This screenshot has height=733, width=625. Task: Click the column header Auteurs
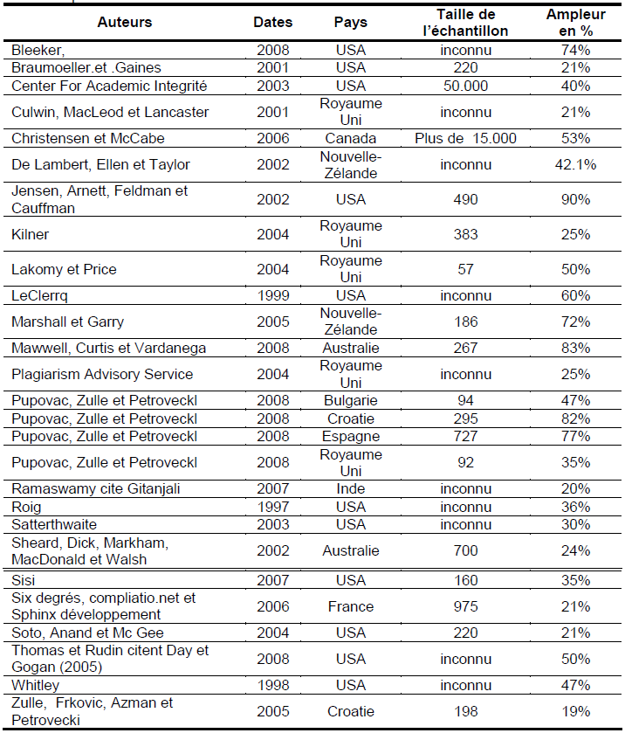tap(125, 22)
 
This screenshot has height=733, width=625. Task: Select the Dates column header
tap(273, 22)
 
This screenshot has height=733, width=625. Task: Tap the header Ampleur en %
tap(575, 23)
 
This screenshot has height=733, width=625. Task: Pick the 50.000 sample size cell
tap(466, 86)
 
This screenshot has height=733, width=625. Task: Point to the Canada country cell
tap(351, 138)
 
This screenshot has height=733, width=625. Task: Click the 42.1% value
tap(575, 164)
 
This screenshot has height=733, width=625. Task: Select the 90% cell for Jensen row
tap(575, 199)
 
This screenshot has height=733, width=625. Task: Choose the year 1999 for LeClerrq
tap(273, 295)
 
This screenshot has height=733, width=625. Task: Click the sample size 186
tap(466, 322)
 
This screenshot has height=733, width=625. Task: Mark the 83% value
tap(575, 348)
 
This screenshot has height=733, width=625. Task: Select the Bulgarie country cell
tap(351, 401)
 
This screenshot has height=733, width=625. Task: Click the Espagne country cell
tap(351, 436)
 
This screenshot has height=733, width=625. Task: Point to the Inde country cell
tap(351, 489)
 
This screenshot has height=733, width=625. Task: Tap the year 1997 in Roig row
tap(273, 507)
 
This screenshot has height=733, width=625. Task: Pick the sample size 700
tap(466, 550)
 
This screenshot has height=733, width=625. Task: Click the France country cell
tap(351, 606)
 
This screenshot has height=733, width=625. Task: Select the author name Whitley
tap(35, 686)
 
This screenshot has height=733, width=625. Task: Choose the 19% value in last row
tap(575, 711)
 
